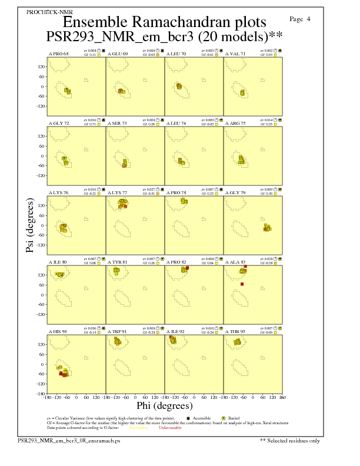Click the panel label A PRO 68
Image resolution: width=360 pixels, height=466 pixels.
(x=58, y=54)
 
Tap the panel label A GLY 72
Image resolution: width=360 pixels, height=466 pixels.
(x=58, y=124)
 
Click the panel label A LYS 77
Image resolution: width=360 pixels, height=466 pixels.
(x=118, y=192)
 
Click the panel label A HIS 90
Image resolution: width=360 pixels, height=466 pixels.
(x=58, y=332)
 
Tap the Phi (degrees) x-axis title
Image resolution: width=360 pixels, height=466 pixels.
(x=164, y=406)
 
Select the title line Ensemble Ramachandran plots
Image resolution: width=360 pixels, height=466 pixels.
(x=164, y=23)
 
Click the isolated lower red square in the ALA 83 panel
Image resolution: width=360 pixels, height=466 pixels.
(x=242, y=284)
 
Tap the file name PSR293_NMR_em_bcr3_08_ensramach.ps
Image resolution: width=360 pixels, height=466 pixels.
(x=69, y=440)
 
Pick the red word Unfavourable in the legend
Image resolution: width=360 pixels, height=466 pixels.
(x=170, y=428)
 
